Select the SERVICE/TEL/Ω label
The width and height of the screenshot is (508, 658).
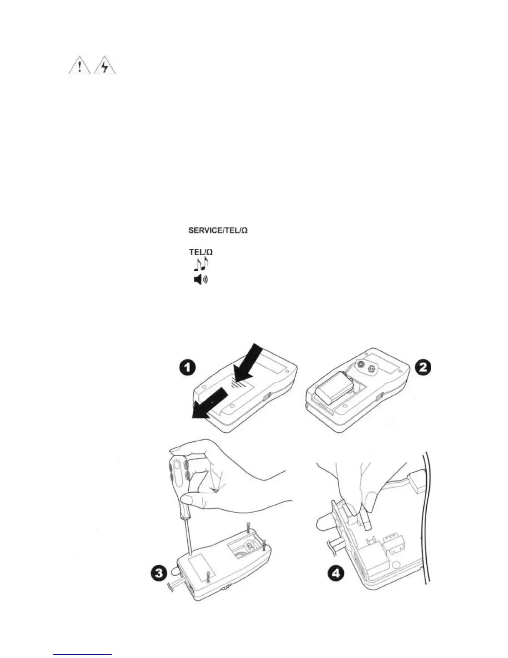pos(218,230)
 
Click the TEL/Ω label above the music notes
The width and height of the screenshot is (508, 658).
pos(201,252)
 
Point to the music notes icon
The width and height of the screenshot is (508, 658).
pos(201,264)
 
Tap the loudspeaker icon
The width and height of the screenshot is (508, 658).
pos(201,280)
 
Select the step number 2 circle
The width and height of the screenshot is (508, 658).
pos(423,367)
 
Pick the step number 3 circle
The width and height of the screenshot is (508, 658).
pos(159,574)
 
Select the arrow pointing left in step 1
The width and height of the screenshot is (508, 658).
pos(208,405)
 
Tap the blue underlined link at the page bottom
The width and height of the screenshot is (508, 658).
pos(83,654)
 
